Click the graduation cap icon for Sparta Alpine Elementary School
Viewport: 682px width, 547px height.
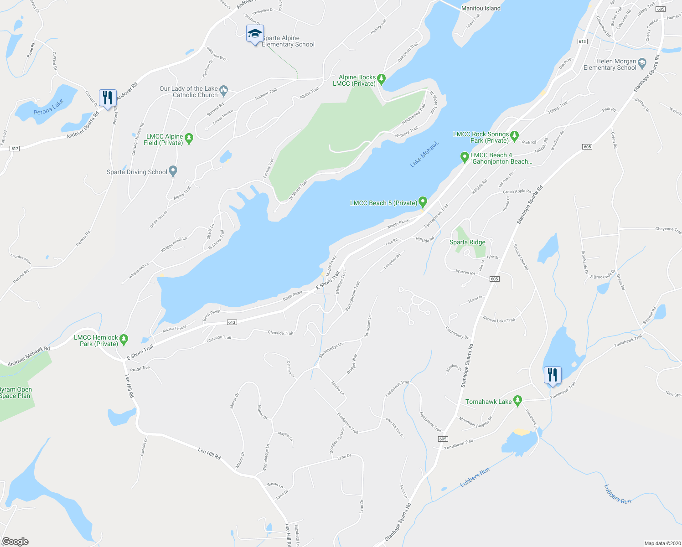[x=255, y=34]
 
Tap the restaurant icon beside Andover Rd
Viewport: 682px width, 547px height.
[x=108, y=98]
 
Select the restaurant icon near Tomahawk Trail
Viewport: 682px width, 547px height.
[x=552, y=375]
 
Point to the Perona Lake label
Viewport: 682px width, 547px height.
[x=49, y=107]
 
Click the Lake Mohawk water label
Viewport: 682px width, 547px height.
[x=424, y=154]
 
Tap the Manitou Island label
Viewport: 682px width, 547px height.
[x=480, y=8]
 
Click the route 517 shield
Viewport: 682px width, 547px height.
[x=15, y=149]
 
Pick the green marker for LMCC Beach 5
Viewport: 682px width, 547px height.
[x=423, y=201]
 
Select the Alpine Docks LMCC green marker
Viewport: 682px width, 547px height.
[x=382, y=78]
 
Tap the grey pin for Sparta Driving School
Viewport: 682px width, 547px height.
[x=173, y=171]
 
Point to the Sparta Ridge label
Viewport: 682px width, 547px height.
[x=467, y=242]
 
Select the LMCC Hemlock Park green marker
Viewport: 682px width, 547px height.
[x=124, y=339]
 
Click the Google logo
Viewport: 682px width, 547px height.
[x=15, y=542]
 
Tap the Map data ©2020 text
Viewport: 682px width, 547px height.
[x=661, y=543]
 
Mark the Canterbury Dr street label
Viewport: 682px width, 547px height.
[x=457, y=333]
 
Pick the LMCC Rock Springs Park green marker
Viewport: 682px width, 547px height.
[x=514, y=135]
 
